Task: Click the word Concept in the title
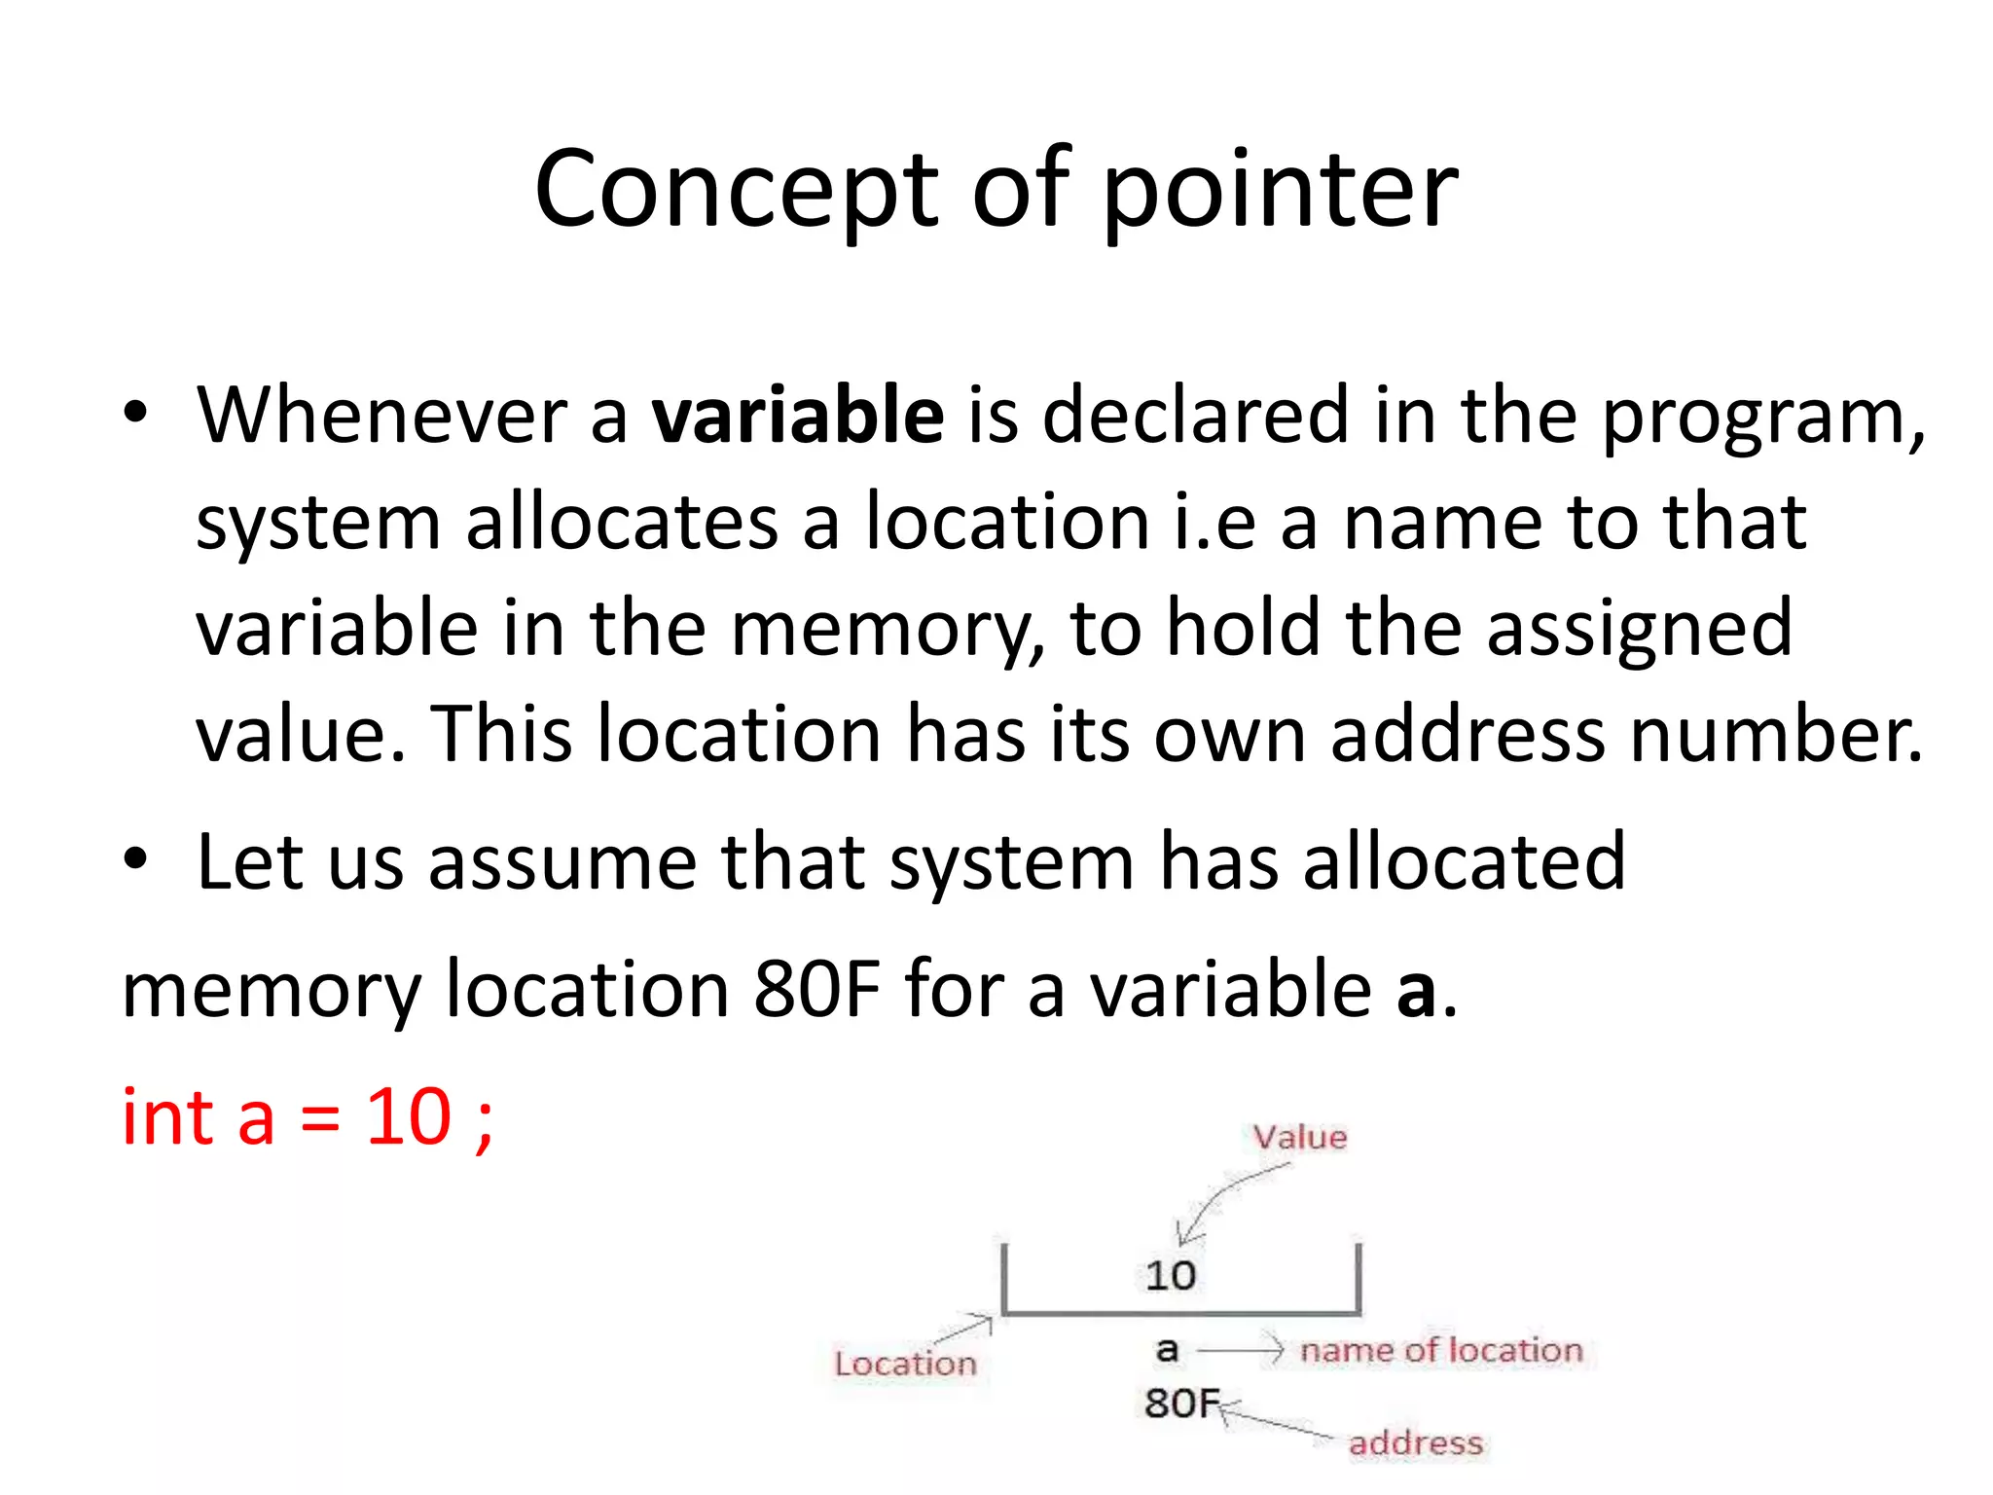tap(735, 190)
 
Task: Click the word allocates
tap(623, 523)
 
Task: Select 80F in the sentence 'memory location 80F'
tap(816, 989)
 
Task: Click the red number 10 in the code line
tap(408, 1116)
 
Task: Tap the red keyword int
tap(167, 1116)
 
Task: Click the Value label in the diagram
tap(1299, 1137)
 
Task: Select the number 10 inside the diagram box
tap(1170, 1275)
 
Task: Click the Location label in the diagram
tap(905, 1364)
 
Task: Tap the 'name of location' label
tap(1441, 1350)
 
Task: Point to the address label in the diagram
tap(1416, 1442)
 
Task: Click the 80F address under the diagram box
tap(1180, 1403)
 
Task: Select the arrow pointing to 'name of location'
tap(1241, 1350)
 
